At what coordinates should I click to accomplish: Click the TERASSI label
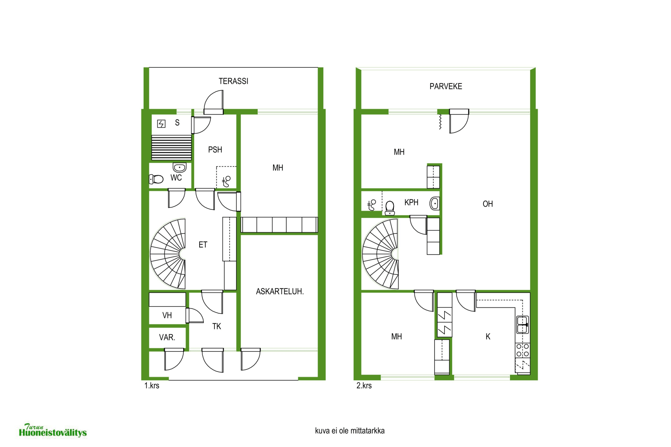tap(234, 81)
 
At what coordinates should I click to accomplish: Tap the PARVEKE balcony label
tap(446, 87)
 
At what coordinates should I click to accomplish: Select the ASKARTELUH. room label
tap(280, 291)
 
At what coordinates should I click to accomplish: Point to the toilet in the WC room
tap(156, 179)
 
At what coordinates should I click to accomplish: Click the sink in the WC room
tap(179, 167)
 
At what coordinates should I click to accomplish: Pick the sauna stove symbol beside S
tap(161, 124)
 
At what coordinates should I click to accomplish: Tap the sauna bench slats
tap(171, 148)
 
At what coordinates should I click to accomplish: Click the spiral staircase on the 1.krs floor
tap(168, 254)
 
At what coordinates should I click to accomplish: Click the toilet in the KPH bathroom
tap(390, 208)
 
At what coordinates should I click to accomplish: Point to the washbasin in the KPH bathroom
tap(434, 203)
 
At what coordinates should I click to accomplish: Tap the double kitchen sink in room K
tap(522, 325)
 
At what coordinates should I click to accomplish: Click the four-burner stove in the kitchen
tap(523, 350)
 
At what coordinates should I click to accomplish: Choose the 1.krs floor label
tap(152, 386)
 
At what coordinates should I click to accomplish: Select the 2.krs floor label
tap(364, 386)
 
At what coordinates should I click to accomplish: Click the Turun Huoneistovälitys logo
tap(53, 431)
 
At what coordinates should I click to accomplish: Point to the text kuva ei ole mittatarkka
tap(350, 431)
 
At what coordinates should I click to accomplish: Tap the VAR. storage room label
tap(167, 337)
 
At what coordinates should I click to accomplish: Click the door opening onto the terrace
tap(214, 102)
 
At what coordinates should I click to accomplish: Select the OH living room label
tap(488, 204)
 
